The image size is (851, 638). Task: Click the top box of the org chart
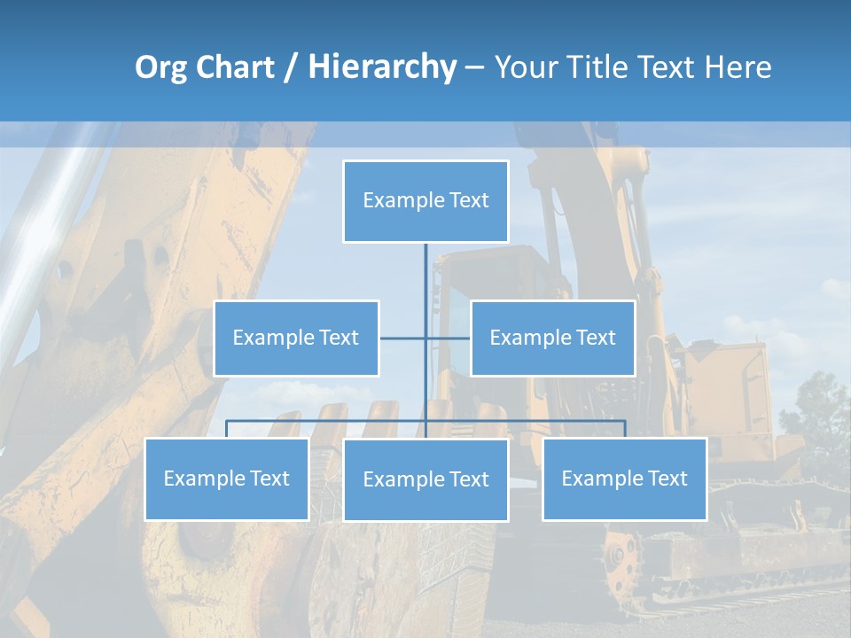point(425,201)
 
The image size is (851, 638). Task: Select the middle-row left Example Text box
point(296,338)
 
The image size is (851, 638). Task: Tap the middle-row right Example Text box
point(552,338)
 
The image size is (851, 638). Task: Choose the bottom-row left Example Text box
point(226,478)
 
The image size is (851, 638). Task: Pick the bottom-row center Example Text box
point(425,479)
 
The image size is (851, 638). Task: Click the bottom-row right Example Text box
point(624,478)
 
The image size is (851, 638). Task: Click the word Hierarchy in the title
point(381,66)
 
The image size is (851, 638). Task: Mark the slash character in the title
point(291,67)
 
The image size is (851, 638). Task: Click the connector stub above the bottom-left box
point(226,429)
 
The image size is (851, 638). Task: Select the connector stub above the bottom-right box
point(625,429)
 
